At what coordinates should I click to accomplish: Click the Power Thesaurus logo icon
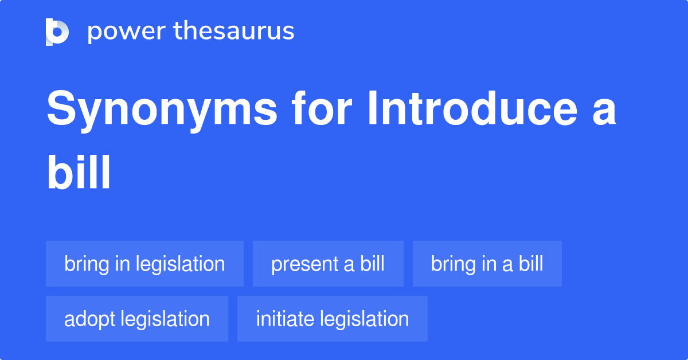[x=57, y=32]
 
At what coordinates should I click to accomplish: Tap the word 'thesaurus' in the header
[x=234, y=32]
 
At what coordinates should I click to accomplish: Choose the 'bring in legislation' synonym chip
[x=144, y=264]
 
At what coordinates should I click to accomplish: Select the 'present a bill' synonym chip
[x=328, y=264]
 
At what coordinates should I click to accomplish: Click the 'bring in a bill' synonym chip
[x=487, y=264]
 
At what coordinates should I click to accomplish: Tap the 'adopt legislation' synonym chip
[x=136, y=319]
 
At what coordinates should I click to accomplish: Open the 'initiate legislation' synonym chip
[x=332, y=319]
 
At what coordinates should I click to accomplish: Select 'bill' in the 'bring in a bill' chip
[x=530, y=264]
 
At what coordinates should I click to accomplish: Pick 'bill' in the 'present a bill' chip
[x=372, y=264]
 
